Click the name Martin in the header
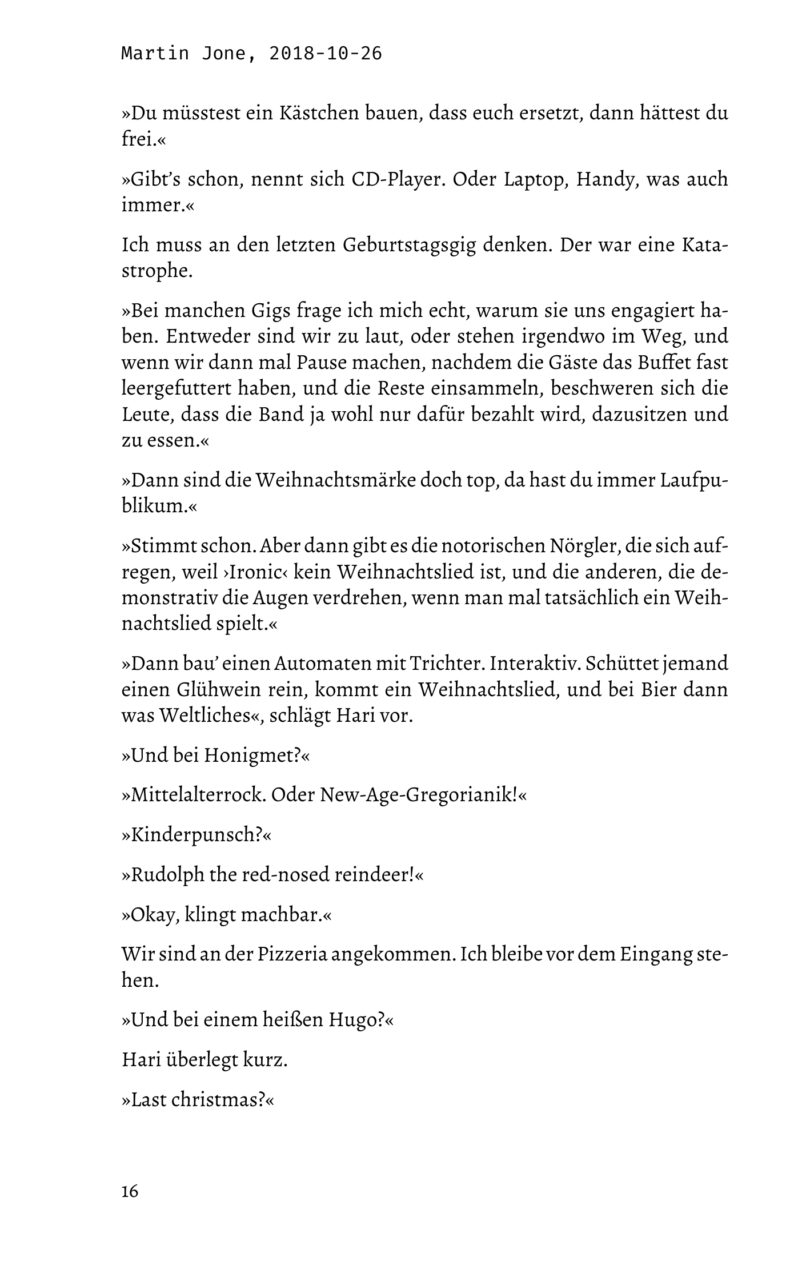click(155, 54)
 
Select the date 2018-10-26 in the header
click(325, 54)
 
